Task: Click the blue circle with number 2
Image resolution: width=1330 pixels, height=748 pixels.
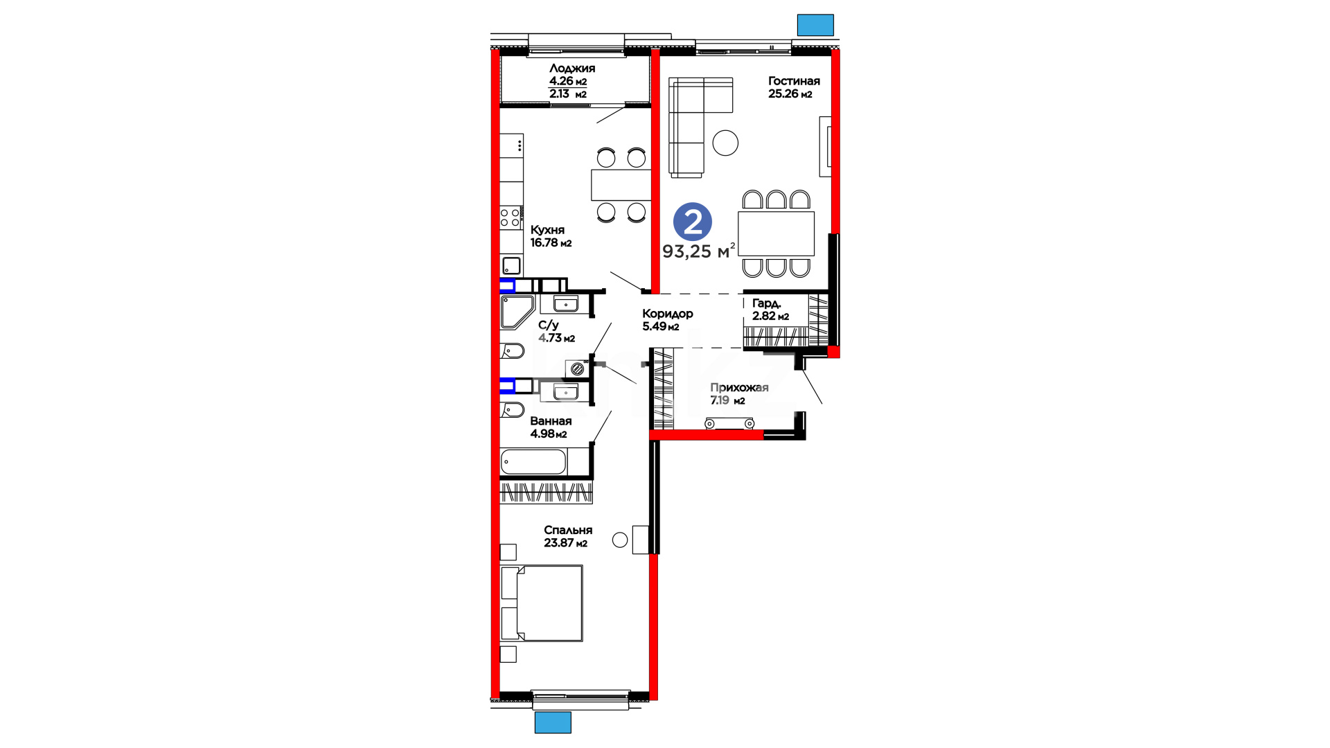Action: (693, 222)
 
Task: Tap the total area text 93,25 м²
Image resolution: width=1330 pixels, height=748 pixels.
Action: (698, 251)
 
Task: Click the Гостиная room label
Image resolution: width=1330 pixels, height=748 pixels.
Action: (794, 81)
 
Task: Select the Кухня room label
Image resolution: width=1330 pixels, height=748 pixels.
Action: (547, 230)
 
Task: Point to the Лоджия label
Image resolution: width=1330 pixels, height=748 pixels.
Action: (572, 69)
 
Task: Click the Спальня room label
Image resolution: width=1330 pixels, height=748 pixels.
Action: (568, 531)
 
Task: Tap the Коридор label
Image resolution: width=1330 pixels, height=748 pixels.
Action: (668, 314)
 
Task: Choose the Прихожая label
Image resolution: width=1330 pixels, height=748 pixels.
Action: (739, 388)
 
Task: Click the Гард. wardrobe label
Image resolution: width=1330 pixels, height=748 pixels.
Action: (767, 303)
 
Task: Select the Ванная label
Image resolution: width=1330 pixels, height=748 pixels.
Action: (551, 421)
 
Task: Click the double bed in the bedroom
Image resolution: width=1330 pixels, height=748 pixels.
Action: (542, 603)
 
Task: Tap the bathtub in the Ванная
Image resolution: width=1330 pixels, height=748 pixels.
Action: (533, 462)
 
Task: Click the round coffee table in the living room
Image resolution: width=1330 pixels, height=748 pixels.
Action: (725, 143)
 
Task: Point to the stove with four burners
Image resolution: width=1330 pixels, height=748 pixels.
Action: (511, 217)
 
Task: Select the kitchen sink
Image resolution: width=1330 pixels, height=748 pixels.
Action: (511, 265)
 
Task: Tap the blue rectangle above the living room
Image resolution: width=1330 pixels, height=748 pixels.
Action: (815, 25)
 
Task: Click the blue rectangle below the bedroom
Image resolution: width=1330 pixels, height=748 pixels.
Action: (553, 722)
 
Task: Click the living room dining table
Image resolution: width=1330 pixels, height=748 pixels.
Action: (776, 233)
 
